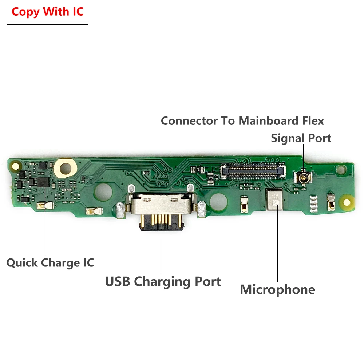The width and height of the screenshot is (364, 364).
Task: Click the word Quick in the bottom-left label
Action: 23,263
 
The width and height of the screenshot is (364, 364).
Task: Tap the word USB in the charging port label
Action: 117,282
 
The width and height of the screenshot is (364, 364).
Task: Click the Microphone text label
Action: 277,290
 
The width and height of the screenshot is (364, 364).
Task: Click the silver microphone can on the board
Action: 275,200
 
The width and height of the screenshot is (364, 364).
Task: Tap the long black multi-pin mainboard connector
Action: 253,170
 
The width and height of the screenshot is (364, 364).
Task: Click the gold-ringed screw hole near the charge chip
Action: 66,168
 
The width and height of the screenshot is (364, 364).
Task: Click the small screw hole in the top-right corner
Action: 341,169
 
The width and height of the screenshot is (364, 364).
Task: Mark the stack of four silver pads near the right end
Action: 313,205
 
